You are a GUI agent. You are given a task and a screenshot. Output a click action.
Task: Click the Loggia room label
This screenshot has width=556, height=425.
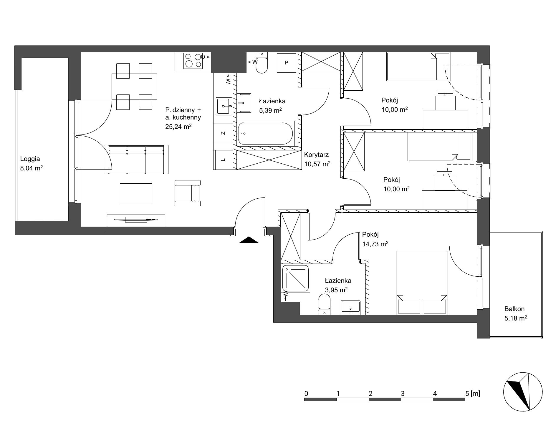[30, 159]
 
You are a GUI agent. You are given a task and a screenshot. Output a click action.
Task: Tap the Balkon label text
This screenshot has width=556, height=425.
[514, 309]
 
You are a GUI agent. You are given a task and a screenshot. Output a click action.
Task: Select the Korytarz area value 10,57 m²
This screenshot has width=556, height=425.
[317, 164]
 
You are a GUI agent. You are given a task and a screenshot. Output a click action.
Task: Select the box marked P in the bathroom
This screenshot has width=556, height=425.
[286, 62]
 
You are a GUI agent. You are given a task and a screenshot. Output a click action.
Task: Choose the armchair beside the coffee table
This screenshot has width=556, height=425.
[187, 193]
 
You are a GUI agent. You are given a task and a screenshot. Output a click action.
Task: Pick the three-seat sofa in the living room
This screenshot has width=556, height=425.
[136, 159]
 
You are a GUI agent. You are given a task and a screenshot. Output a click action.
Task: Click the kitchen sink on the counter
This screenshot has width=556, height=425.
[224, 106]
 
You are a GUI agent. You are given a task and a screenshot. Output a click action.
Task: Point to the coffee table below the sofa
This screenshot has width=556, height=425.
[136, 193]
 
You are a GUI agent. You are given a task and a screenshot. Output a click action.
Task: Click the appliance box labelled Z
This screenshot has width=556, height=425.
[223, 133]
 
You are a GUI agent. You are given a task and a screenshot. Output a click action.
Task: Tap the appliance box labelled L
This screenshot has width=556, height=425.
[223, 160]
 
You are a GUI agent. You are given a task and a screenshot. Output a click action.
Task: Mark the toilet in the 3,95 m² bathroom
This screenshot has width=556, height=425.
[324, 305]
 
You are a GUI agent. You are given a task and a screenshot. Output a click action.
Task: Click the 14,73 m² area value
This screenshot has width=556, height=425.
[375, 244]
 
